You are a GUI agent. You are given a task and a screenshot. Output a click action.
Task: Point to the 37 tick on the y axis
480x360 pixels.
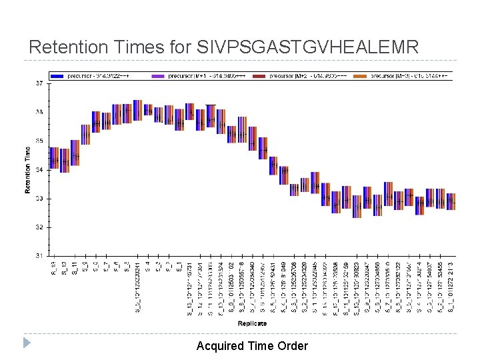[39, 83]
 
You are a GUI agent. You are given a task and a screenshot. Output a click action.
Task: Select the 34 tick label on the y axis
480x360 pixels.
[39, 169]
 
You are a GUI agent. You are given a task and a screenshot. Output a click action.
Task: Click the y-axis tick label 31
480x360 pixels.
[39, 255]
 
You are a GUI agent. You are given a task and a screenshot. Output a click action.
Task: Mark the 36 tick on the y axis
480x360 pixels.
[39, 112]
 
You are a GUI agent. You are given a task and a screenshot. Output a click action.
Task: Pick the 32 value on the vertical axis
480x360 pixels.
[39, 227]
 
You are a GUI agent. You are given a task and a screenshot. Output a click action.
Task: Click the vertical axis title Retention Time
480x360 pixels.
[28, 170]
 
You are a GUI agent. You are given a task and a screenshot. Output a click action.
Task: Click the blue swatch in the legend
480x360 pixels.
[69, 75]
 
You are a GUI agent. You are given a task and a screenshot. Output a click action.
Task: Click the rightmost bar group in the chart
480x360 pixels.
[451, 199]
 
